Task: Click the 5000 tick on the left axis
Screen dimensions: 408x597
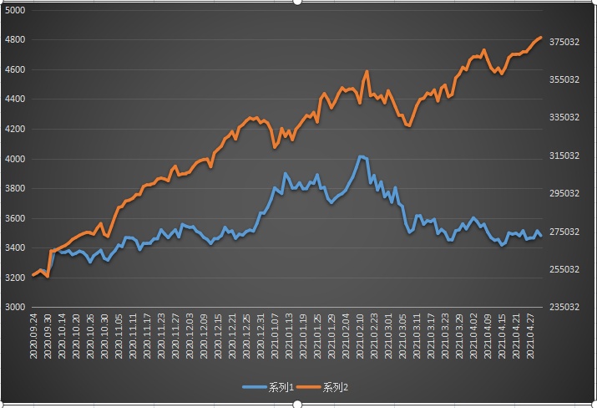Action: click(15, 10)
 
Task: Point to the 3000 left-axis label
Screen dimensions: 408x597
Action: click(15, 307)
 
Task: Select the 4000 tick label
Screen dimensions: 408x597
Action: click(15, 159)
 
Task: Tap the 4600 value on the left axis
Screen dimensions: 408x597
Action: click(15, 69)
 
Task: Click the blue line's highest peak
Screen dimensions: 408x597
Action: click(360, 156)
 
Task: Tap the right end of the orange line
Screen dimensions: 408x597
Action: click(541, 38)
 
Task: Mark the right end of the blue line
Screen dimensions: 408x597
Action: click(541, 236)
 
